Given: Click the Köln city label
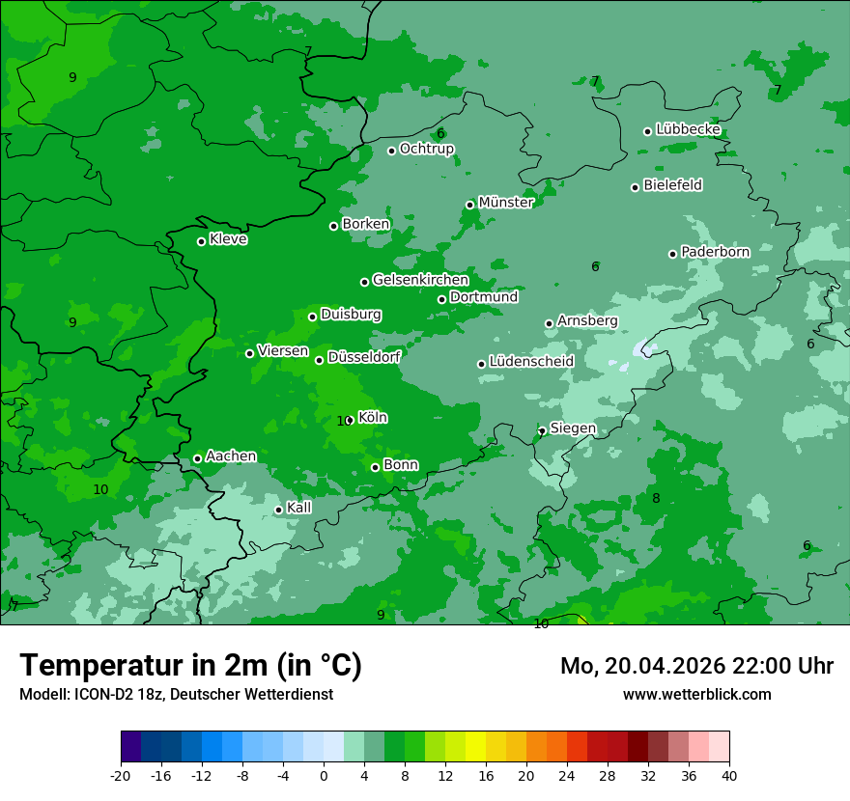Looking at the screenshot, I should coord(373,418).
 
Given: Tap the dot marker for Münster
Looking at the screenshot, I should coord(470,205).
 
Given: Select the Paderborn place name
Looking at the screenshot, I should coord(715,252).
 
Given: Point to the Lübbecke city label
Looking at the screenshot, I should coord(688,129).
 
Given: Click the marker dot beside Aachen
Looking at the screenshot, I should coord(197,458).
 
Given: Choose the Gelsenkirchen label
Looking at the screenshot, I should coord(420,280).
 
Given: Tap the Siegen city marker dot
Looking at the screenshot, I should coord(542,431).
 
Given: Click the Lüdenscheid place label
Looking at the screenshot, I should coord(531,362).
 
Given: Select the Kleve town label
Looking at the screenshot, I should coord(228,239).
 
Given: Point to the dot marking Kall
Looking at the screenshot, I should coord(278,510).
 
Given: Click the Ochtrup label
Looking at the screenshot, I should coord(426,149).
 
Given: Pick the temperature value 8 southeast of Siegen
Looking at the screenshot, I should coord(656,499).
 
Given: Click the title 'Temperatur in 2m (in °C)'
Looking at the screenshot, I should coord(190,666).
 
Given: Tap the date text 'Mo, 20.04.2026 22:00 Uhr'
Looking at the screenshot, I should coord(696,666).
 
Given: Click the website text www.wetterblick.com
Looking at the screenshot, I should coord(696,694).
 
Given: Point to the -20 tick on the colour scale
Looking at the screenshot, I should coord(121,775).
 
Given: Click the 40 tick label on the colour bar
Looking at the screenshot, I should coord(728,775).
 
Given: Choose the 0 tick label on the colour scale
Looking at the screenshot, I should coord(324,775).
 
